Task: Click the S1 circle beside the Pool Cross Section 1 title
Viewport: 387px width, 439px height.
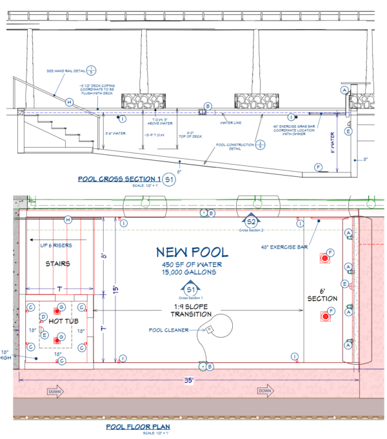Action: pos(169,179)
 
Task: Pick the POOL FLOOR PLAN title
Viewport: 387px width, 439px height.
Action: pos(137,427)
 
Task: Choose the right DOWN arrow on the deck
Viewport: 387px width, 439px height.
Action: pos(264,391)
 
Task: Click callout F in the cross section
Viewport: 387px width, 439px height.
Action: pos(318,167)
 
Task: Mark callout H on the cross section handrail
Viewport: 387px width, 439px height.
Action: pos(70,102)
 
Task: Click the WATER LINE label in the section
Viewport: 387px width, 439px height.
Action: pos(230,121)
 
